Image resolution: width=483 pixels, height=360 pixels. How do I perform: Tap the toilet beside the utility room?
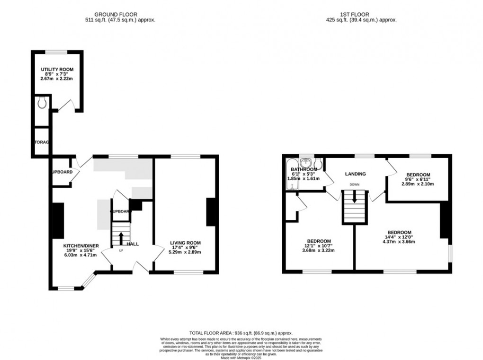(42, 102)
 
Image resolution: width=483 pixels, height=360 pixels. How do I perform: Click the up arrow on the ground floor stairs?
(121, 237)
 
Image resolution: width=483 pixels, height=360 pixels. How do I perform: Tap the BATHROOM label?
(304, 169)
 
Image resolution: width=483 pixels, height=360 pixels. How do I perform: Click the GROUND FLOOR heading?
(116, 15)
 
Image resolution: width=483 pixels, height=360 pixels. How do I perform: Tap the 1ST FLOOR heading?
(361, 15)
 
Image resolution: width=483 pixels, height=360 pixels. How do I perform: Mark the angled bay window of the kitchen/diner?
(88, 281)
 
